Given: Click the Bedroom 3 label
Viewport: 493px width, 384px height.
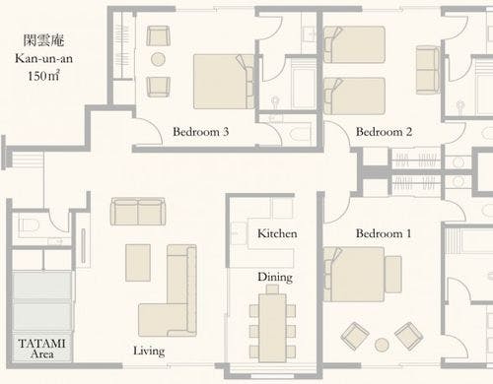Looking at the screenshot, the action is point(200,132).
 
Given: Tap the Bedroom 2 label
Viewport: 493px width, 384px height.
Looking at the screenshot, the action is point(384,132).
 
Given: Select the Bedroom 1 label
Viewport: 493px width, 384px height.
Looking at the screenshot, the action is point(384,233).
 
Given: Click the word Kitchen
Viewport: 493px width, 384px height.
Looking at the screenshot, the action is point(277,233).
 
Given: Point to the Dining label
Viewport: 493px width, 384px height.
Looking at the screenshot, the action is point(275,278).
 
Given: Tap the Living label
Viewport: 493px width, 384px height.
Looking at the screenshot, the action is point(149,352).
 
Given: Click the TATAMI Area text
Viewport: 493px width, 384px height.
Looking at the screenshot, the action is point(41,349).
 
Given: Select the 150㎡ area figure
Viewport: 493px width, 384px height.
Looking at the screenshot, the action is point(43,76).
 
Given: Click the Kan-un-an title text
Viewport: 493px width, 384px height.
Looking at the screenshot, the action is point(43,59).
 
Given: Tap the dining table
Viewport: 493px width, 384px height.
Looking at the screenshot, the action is point(272,328).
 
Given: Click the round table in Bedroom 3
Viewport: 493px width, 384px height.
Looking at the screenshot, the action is point(158,59).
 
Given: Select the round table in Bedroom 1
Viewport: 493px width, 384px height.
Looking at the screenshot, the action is point(382,345).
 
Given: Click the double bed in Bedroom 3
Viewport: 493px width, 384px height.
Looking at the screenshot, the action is point(224,82).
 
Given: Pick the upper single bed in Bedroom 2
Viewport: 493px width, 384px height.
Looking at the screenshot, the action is point(354,44).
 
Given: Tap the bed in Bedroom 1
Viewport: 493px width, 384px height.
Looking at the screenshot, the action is point(354,275).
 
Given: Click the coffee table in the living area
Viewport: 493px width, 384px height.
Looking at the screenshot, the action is point(138,263).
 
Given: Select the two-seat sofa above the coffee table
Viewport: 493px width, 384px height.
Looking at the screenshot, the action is point(138,212).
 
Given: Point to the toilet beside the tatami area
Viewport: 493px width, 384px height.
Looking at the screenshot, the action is point(29,225).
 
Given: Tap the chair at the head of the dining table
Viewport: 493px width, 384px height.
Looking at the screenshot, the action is point(272,289).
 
